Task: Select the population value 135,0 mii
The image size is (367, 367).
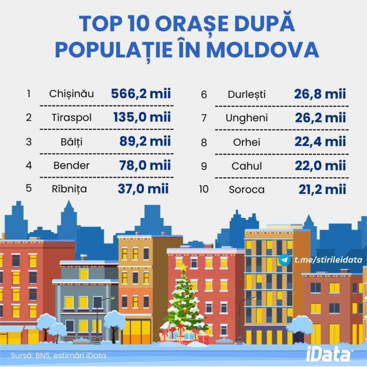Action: coord(141,118)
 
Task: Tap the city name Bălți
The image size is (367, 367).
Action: coord(71,141)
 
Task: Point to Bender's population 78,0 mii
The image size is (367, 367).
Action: coord(141,165)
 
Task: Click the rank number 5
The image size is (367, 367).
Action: coord(28,188)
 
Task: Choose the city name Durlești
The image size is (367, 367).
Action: coord(247,95)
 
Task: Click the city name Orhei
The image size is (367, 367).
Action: coord(247,141)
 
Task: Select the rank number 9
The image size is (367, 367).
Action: coord(204,166)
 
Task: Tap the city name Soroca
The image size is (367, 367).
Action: coord(247,189)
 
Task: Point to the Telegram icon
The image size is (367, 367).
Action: coord(285,260)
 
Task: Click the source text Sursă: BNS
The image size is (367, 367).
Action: coord(32,355)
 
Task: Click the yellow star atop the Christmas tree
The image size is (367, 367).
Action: coord(183,268)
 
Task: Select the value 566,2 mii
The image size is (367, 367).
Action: coord(141,94)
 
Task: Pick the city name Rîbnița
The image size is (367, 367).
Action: coord(71,188)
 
